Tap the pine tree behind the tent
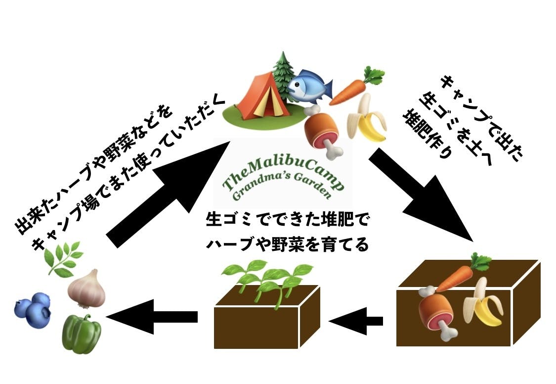(x=283, y=72)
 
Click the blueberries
(x=34, y=309)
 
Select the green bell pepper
(x=82, y=334)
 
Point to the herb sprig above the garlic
(x=63, y=258)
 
